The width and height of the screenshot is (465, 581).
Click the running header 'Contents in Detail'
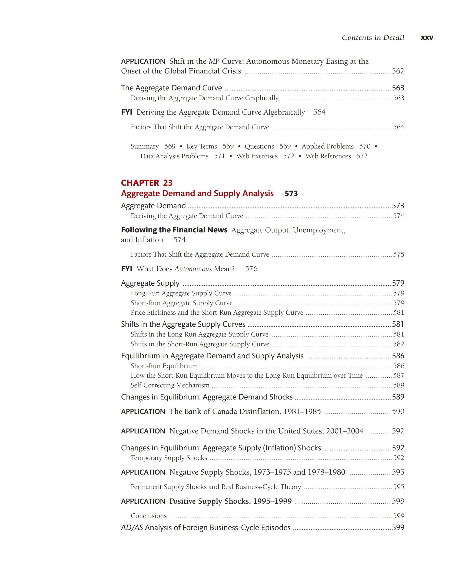[373, 38]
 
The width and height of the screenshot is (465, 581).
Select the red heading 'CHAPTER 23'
[147, 183]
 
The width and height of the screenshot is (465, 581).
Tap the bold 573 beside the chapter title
[291, 194]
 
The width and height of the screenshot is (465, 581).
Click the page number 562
[398, 71]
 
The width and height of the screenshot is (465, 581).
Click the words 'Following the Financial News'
[174, 230]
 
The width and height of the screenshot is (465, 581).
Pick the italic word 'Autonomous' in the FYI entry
[193, 269]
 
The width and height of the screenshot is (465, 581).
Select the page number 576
[251, 269]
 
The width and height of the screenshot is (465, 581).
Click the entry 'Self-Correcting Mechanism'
[170, 385]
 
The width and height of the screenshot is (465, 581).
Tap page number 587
[399, 375]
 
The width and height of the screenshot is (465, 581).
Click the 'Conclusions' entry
[149, 515]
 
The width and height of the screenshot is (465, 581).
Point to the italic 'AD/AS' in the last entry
[132, 527]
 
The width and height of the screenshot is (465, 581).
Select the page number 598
[398, 501]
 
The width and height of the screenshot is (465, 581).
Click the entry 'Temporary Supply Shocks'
[169, 458]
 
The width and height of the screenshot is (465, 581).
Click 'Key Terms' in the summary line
[202, 146]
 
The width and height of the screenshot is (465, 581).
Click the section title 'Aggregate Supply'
[150, 283]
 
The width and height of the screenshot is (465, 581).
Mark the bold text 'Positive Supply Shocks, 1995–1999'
[230, 501]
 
